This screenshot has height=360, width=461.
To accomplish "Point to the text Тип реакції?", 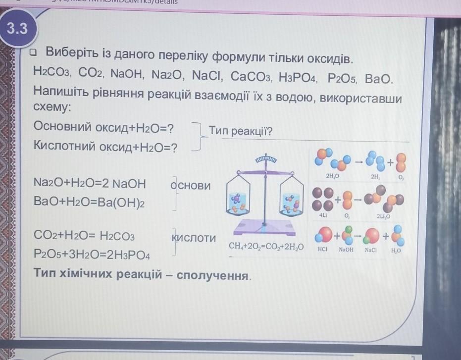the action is [x=241, y=132].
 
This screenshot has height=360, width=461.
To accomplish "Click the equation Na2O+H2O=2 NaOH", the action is [x=90, y=184].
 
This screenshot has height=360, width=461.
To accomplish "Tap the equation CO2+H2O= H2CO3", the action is [x=84, y=236].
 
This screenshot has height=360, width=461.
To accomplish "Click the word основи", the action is [x=191, y=186].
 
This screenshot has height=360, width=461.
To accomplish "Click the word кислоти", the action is [x=194, y=238].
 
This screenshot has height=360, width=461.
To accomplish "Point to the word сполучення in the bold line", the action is [x=213, y=275].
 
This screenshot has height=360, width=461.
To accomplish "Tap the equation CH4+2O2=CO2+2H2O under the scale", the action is [x=266, y=246].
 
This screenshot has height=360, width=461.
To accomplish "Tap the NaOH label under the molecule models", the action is [x=346, y=250].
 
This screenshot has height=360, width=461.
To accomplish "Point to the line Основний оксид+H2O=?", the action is [x=103, y=127].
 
